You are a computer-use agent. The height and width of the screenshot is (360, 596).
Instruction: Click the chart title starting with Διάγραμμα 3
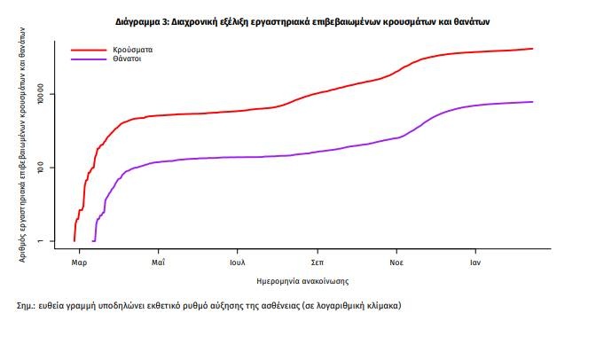(302, 19)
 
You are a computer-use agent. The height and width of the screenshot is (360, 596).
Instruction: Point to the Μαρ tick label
(79, 263)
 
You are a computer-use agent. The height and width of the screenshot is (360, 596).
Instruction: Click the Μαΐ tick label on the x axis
(158, 263)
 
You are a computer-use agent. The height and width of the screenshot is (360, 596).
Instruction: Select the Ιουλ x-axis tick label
(237, 263)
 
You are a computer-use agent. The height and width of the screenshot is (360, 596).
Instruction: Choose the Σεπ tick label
(317, 263)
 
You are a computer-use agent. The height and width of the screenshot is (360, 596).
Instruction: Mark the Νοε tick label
(396, 263)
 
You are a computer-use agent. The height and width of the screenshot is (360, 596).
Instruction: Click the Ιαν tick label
(475, 263)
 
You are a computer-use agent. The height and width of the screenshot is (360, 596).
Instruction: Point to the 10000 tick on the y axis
(51, 94)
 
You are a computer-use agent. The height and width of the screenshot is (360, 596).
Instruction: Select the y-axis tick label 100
(51, 168)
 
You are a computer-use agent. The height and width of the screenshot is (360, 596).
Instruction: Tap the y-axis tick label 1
(51, 240)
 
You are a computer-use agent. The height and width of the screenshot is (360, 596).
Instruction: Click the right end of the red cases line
(532, 49)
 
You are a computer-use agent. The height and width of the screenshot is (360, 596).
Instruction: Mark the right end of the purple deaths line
(532, 102)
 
